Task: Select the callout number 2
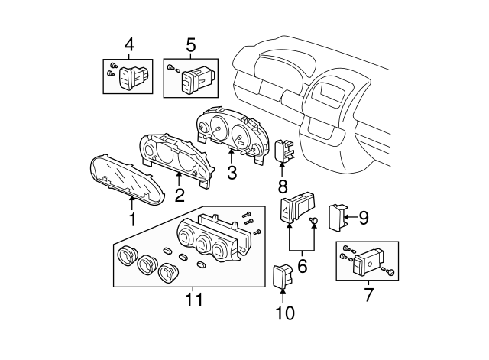(179, 196)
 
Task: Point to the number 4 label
(128, 46)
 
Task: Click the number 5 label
(190, 46)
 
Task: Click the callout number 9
(363, 219)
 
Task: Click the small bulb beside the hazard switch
(313, 221)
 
